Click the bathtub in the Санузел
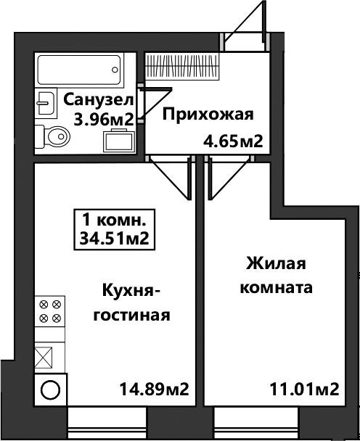[x=80, y=70]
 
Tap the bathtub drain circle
[x=115, y=70]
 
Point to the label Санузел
[x=98, y=100]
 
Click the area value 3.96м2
[x=103, y=120]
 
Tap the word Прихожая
[x=208, y=115]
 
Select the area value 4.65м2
[x=233, y=141]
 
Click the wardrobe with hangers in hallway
[x=182, y=67]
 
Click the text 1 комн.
[x=114, y=220]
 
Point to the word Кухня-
[x=131, y=291]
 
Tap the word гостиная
[x=131, y=315]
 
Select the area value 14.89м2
[x=155, y=390]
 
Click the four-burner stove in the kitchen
[x=50, y=311]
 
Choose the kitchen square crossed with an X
[x=44, y=357]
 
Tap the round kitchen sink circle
[x=50, y=390]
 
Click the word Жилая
[x=276, y=264]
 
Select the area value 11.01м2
[x=304, y=390]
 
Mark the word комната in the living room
[x=276, y=288]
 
